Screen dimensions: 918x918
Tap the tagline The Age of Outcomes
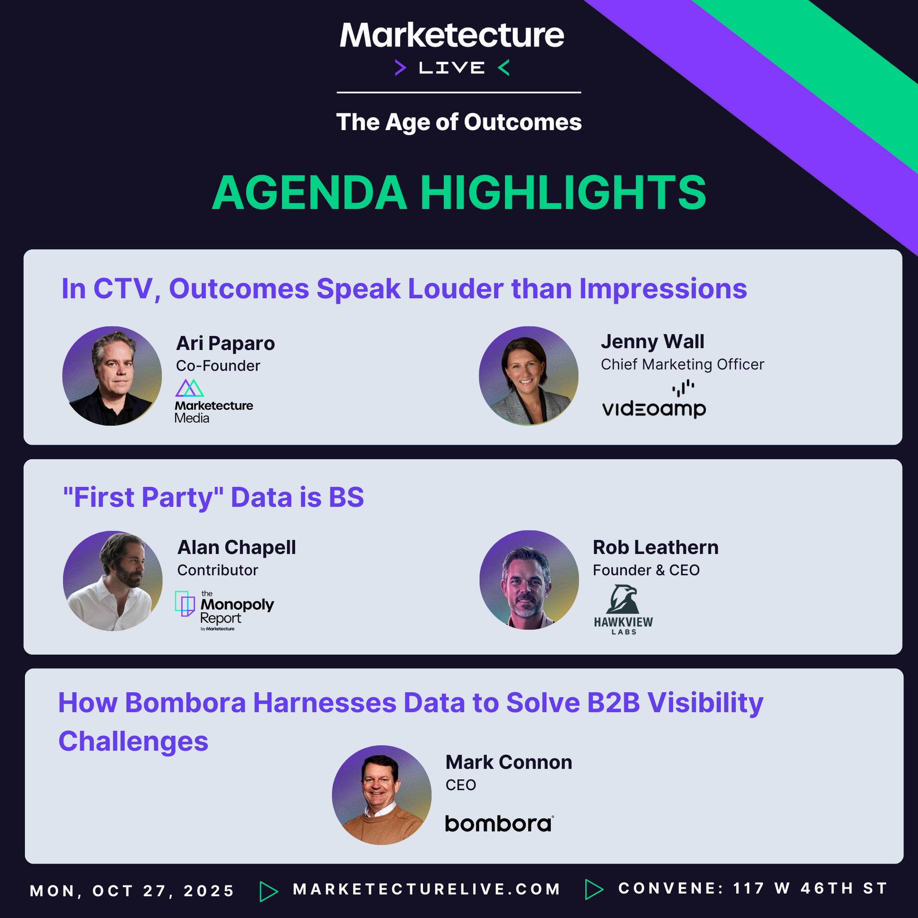459,122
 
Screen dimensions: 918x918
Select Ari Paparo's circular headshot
112,376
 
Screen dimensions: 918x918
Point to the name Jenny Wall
652,342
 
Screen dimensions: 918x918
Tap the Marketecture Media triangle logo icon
189,388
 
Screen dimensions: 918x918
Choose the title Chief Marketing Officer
682,364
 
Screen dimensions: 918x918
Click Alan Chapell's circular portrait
112,580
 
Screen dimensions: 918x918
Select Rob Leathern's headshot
529,580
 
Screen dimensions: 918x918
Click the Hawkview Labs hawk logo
623,609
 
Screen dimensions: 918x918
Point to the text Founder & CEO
646,570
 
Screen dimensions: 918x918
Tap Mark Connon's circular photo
382,795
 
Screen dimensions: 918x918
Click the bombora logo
499,823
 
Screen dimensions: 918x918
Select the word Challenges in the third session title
133,742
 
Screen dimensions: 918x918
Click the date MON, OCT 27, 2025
132,891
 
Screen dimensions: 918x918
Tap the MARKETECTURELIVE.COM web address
426,889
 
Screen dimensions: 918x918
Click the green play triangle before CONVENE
594,889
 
